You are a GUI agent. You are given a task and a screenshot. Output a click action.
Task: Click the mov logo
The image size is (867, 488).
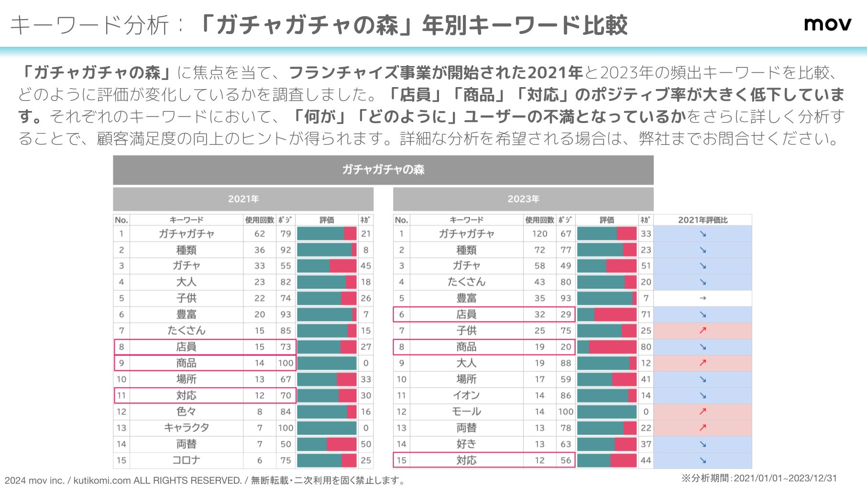[x=827, y=24]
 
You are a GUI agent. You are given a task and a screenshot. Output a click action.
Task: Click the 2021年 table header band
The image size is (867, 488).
[x=243, y=199]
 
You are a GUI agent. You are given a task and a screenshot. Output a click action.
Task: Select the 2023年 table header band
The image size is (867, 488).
[x=523, y=199]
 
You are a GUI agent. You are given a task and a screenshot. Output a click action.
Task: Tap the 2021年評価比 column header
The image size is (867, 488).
[x=702, y=220]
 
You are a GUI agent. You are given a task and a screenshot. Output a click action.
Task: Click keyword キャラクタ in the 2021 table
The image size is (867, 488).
[x=187, y=428]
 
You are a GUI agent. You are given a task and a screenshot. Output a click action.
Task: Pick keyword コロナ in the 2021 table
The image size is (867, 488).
[x=187, y=460]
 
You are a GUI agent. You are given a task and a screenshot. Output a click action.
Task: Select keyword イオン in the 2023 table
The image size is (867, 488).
[x=466, y=395]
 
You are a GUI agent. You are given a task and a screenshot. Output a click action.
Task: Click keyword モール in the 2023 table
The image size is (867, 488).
[x=466, y=411]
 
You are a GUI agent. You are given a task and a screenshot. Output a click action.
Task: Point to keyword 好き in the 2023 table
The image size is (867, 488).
[x=466, y=444]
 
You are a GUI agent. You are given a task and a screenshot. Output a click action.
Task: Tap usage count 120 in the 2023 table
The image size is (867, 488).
[x=539, y=234]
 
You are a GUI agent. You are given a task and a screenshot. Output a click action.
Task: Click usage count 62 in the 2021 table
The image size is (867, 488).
[x=260, y=234]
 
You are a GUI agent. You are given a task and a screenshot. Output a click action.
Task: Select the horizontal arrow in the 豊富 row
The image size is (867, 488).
[x=702, y=298]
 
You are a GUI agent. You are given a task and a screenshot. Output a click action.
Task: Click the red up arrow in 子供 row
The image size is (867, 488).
[x=702, y=331]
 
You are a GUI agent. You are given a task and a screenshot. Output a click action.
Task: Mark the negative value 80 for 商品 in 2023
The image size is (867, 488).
[x=646, y=347]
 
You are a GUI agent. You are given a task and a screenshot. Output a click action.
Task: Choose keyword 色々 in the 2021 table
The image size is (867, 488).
[x=187, y=411]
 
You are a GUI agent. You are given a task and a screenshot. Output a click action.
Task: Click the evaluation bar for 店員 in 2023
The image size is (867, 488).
[x=606, y=314]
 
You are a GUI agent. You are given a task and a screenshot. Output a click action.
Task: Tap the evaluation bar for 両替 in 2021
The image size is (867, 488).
[x=327, y=444]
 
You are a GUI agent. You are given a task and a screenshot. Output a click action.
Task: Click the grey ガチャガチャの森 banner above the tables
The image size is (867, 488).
[x=383, y=170]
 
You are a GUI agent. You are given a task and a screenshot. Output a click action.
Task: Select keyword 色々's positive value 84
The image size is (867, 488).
[x=285, y=411]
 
